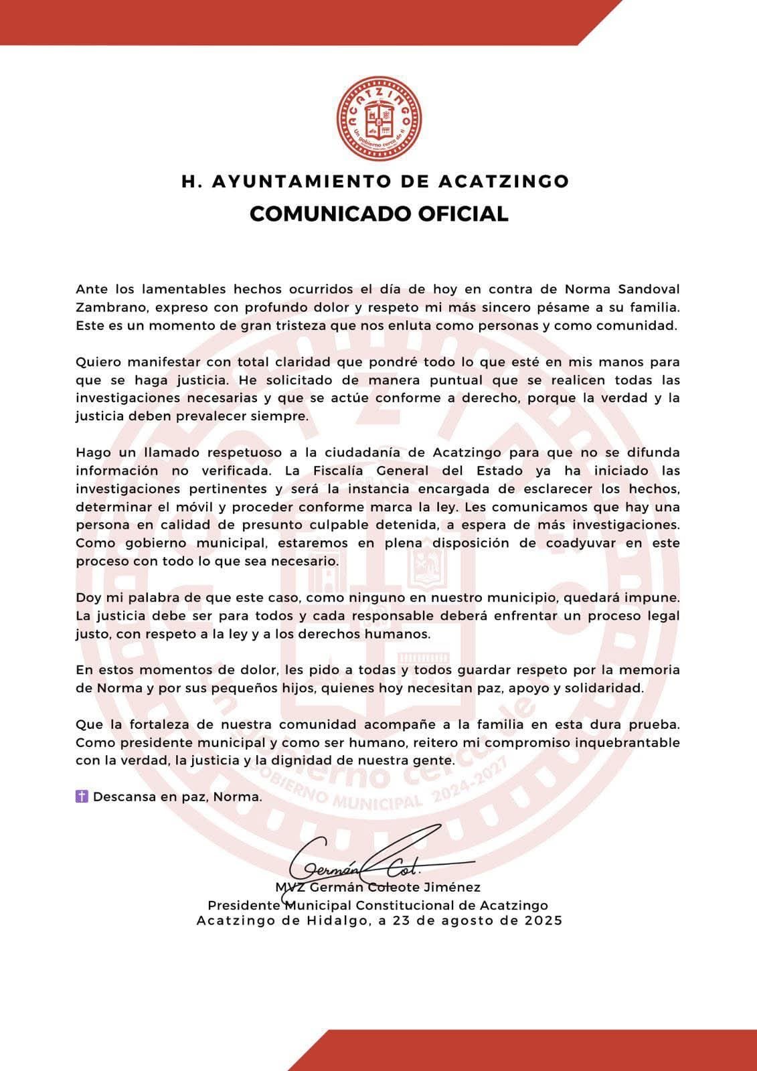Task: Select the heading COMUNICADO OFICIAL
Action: [379, 214]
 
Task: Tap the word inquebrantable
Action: [619, 742]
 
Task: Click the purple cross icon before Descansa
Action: [82, 797]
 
